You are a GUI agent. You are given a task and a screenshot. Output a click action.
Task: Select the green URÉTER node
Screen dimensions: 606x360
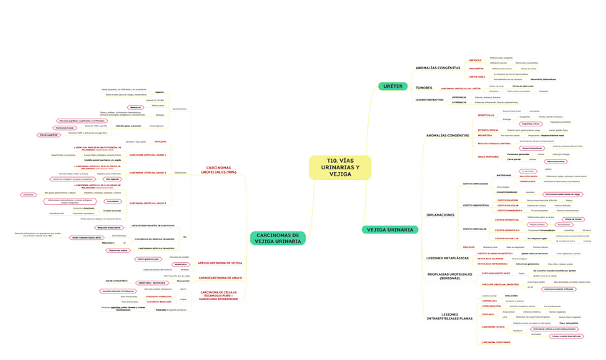tap(392, 86)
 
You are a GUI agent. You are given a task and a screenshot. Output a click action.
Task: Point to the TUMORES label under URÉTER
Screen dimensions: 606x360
tap(424, 87)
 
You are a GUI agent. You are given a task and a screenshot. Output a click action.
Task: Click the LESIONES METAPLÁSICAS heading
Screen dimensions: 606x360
tap(447, 257)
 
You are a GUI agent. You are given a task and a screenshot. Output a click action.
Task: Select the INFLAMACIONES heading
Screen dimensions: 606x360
tap(440, 214)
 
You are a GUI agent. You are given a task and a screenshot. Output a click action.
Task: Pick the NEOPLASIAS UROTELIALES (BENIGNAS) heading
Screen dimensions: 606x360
tap(449, 276)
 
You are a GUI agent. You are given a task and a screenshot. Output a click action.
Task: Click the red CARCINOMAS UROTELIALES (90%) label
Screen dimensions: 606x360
tap(219, 170)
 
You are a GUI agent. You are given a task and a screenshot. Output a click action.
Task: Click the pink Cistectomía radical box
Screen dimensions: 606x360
tap(117, 251)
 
